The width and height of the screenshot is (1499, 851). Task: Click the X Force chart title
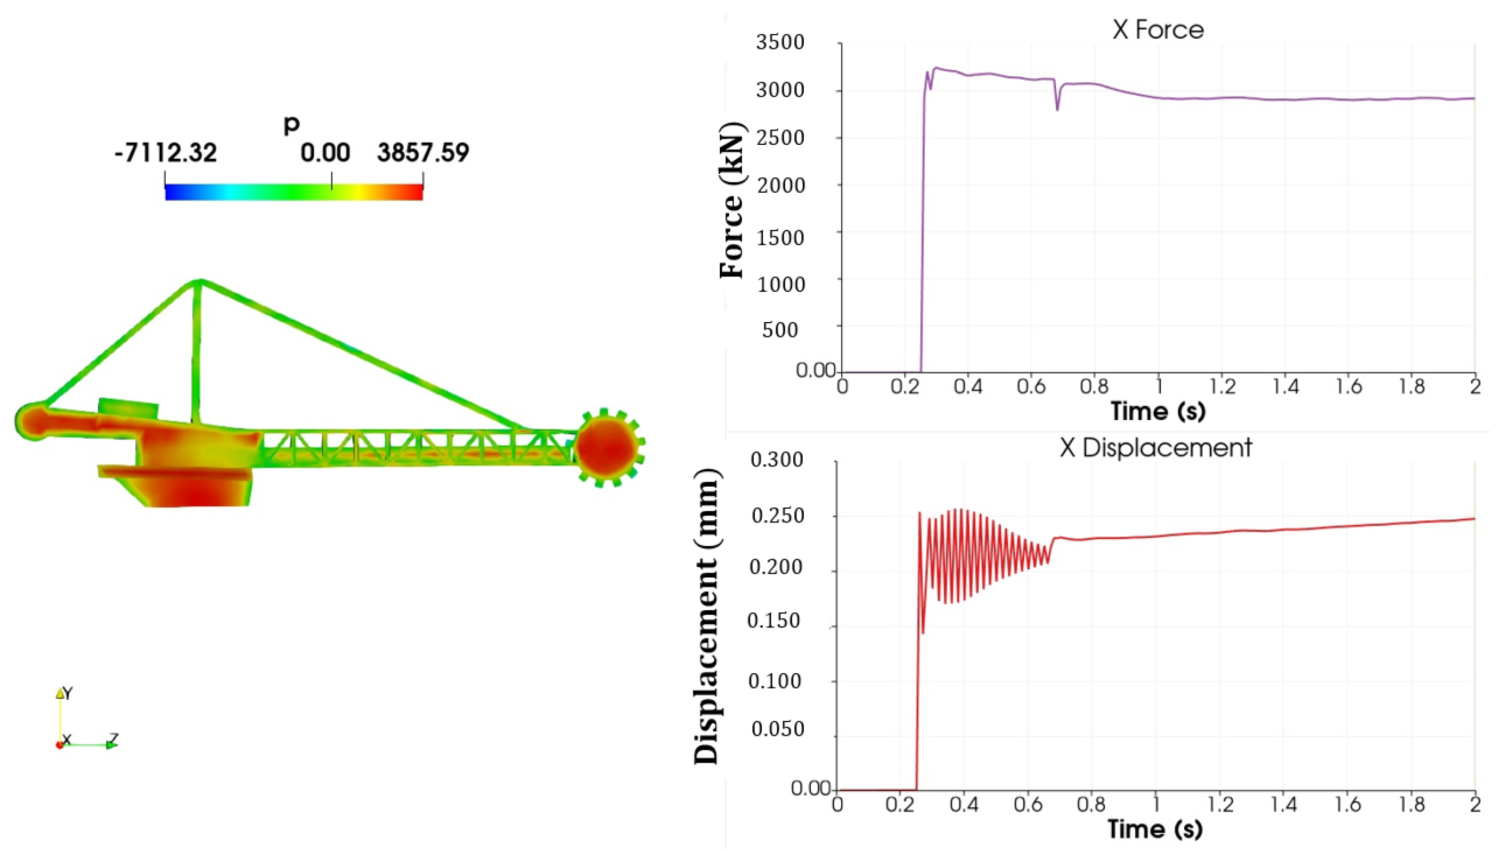pyautogui.click(x=1157, y=30)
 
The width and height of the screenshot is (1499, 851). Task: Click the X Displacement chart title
pyautogui.click(x=1155, y=448)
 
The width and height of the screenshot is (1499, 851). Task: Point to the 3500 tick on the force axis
pyautogui.click(x=780, y=43)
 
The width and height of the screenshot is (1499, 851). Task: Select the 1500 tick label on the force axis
pyautogui.click(x=780, y=238)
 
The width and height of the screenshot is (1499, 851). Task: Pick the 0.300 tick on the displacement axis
pyautogui.click(x=776, y=460)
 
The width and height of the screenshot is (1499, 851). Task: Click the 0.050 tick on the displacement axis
pyautogui.click(x=778, y=730)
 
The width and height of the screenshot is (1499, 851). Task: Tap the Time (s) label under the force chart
pyautogui.click(x=1158, y=411)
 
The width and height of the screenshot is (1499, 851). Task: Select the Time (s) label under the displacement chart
pyautogui.click(x=1155, y=829)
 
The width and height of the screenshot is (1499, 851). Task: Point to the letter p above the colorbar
pyautogui.click(x=291, y=124)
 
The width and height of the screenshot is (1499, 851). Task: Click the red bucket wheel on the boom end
pyautogui.click(x=606, y=447)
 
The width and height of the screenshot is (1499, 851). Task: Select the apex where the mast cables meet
pyautogui.click(x=199, y=282)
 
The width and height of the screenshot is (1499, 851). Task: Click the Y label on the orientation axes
pyautogui.click(x=68, y=694)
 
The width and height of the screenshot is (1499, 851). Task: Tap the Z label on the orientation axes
pyautogui.click(x=115, y=739)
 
